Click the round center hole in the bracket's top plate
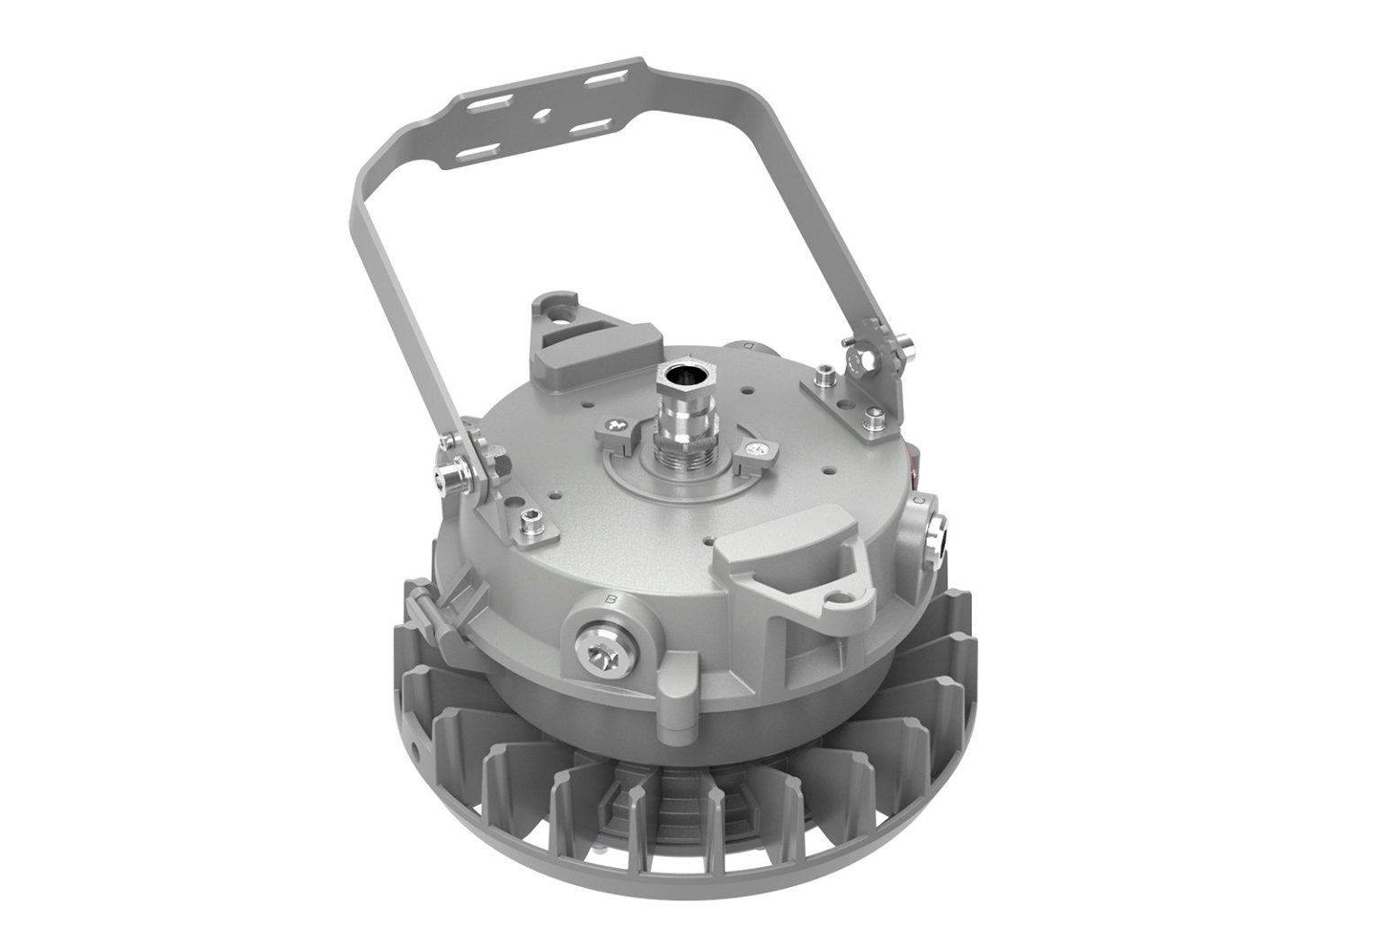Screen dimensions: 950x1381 pos(540,115)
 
